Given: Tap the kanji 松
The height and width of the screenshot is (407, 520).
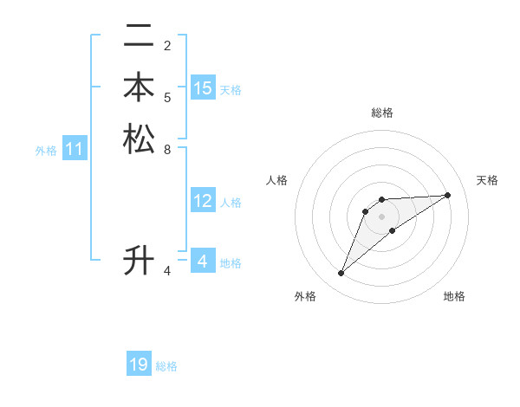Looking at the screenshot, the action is [139, 139].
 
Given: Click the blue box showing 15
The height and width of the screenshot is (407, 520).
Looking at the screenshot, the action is [203, 88].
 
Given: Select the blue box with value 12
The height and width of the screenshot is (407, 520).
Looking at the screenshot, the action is [203, 202].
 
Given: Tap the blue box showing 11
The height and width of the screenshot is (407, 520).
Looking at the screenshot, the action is [75, 150].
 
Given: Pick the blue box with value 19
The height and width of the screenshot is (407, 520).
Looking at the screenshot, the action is [139, 365].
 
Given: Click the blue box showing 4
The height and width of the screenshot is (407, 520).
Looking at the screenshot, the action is [203, 262].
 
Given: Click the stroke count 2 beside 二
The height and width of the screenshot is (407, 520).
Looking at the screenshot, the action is [167, 45].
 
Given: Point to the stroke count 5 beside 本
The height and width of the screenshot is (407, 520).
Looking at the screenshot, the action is [167, 97].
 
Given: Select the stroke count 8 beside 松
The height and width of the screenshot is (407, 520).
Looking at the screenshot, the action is [167, 149].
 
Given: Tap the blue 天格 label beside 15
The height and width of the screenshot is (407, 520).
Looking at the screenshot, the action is [231, 89].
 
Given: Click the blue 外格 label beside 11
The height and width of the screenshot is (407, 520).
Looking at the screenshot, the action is [46, 151].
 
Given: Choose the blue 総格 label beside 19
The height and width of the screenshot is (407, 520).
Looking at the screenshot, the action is [166, 366].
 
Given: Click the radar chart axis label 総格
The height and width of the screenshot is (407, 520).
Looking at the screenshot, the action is [381, 113].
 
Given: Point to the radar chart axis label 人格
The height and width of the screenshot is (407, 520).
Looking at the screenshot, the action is [276, 180].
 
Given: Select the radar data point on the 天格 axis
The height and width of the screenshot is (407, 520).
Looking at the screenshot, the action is [448, 195].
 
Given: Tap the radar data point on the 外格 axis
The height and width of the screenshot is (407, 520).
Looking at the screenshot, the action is [341, 274].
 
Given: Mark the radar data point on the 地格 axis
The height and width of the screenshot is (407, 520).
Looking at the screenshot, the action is [393, 229].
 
